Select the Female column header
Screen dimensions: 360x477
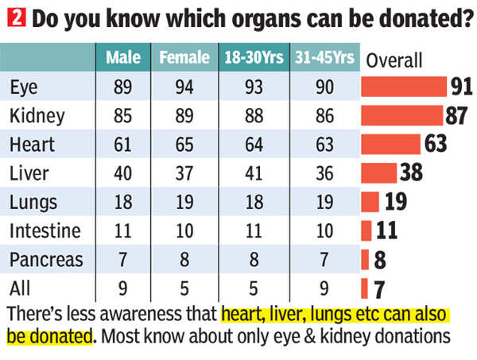184,58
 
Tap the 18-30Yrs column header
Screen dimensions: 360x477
254,58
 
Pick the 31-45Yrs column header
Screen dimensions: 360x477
324,58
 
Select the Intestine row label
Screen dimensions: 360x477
45,230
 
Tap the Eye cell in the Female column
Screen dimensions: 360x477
184,87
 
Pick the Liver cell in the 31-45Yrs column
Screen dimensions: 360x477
324,173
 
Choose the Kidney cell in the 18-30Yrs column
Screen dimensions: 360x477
254,115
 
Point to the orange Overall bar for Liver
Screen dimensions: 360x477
379,172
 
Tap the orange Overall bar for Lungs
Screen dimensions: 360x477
370,202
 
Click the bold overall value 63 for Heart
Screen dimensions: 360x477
436,144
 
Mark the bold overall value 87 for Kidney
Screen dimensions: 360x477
456,115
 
